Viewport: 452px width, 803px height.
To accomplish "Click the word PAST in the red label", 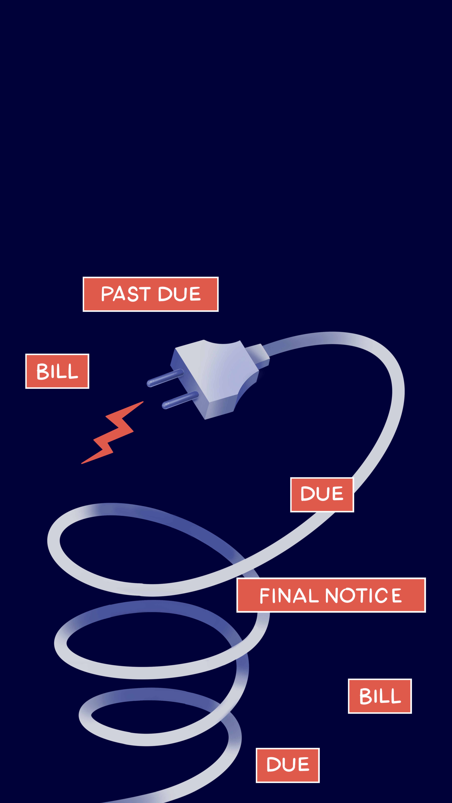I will (126, 294).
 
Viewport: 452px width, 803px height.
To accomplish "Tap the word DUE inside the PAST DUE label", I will (179, 294).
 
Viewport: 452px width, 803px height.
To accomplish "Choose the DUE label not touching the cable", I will (288, 765).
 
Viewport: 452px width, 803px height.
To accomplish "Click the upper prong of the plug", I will (165, 378).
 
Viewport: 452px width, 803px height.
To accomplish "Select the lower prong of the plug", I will (180, 400).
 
